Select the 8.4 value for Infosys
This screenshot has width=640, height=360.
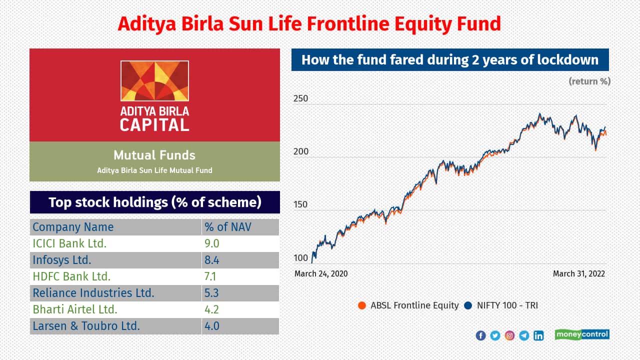[211, 260]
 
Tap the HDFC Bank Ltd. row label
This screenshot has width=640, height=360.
[71, 276]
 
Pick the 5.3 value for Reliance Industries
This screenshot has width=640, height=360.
[211, 293]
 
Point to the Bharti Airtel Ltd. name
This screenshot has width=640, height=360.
[75, 309]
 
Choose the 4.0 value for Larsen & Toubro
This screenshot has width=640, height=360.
[211, 326]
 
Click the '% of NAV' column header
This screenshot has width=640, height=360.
[227, 227]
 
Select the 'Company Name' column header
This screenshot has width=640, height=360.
[73, 227]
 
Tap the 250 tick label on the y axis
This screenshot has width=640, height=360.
[300, 98]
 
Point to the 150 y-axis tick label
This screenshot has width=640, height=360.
[300, 204]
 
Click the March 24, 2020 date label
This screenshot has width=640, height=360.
[321, 273]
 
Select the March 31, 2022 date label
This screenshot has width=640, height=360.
[579, 273]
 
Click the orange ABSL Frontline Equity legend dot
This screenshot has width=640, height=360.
[361, 305]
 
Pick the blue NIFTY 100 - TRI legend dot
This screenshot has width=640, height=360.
[468, 305]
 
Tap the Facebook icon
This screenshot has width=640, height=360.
[480, 335]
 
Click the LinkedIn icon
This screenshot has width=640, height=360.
[538, 335]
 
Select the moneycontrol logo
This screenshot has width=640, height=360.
[582, 334]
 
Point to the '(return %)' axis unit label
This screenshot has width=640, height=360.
[589, 81]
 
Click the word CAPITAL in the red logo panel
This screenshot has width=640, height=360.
[154, 125]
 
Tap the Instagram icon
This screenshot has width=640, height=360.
[509, 335]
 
